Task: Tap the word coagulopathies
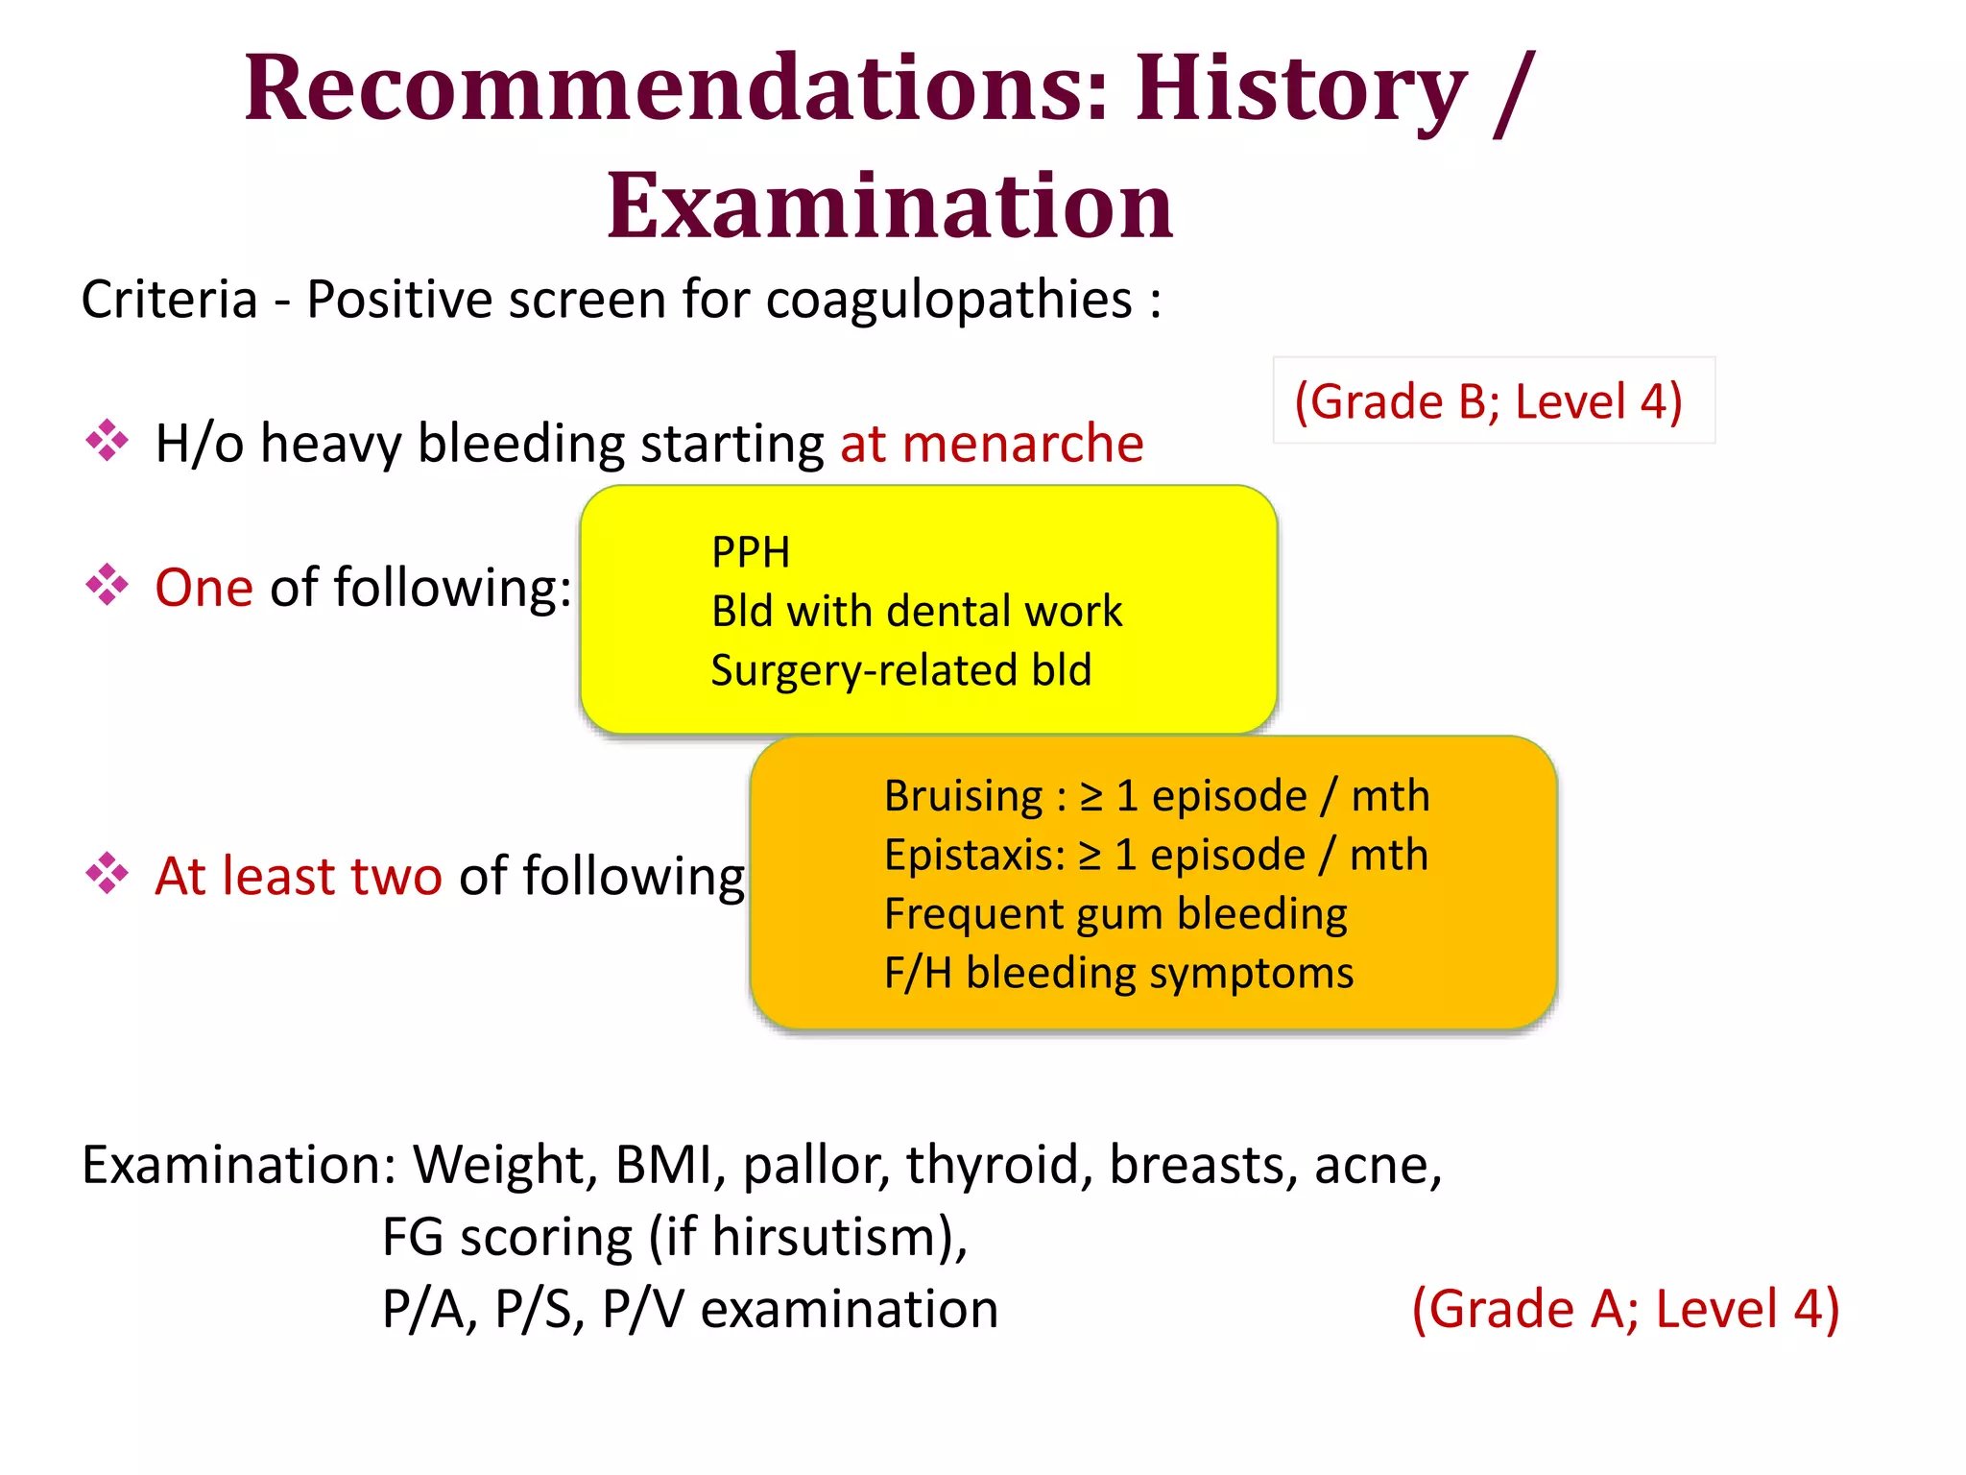pos(948,300)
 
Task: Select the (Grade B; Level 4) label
pos(1488,401)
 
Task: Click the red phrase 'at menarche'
pos(991,444)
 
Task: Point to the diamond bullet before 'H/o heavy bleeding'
pos(107,442)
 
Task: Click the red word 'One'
pos(204,588)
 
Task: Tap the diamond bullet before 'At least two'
pos(107,874)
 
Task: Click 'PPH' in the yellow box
pos(751,553)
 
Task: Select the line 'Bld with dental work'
pos(916,612)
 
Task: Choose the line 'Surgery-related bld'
pos(900,670)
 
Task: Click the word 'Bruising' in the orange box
pos(963,796)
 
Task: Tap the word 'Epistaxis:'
pos(973,855)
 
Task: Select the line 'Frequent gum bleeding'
pos(1115,914)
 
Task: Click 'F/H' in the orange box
pos(918,973)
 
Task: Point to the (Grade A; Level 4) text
pos(1624,1309)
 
